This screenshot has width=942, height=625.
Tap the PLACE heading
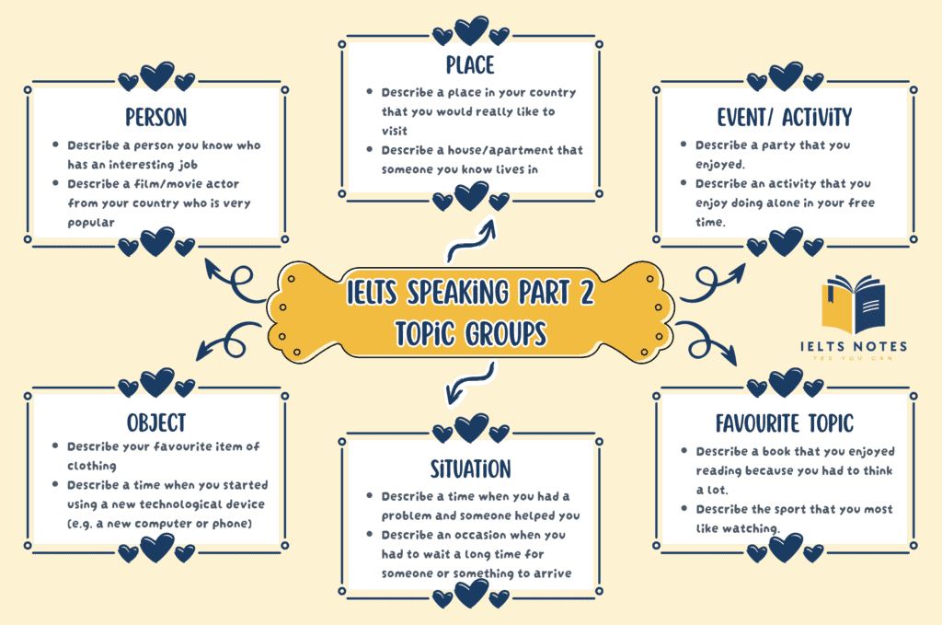coord(470,64)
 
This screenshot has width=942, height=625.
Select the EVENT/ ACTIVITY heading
coord(785,117)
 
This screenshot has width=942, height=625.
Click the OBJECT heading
coord(155,422)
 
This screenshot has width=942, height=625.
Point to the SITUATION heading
coord(470,469)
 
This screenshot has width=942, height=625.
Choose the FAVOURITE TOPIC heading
coord(785,422)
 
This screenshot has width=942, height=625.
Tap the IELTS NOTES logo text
coord(853,346)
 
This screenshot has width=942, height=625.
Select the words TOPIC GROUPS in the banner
coord(470,332)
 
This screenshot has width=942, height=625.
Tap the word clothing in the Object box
coord(93,466)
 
